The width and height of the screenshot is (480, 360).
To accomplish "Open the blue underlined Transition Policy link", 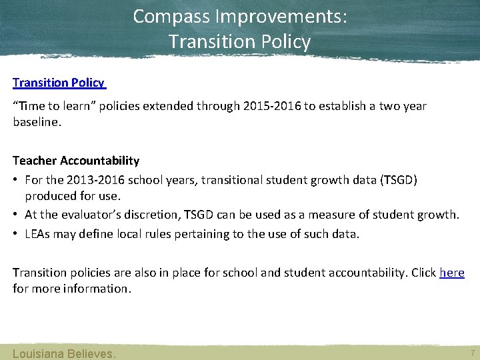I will click(x=59, y=83).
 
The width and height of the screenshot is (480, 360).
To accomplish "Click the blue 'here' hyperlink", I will click(x=452, y=273).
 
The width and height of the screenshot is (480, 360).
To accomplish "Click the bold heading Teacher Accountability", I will click(x=76, y=161).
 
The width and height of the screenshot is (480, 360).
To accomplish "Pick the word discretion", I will click(x=154, y=215).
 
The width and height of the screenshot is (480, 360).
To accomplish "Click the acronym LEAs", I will click(x=39, y=233).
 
